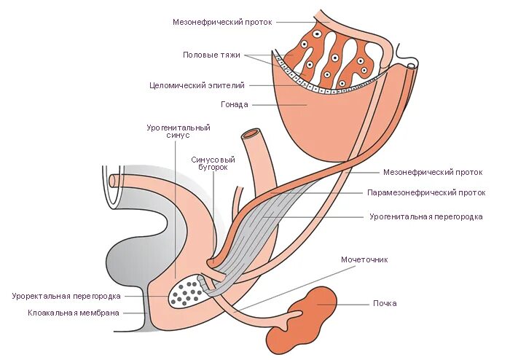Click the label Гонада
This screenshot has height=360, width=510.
[235, 104]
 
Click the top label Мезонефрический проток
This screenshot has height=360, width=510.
[222, 22]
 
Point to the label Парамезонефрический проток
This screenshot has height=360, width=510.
[425, 193]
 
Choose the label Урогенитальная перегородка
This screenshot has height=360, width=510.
[425, 216]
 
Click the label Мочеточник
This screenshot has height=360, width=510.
[364, 259]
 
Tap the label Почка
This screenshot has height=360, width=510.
[384, 303]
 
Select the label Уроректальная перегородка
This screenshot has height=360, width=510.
[66, 297]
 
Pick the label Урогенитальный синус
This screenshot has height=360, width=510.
[178, 131]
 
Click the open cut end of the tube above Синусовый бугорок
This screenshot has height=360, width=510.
[252, 134]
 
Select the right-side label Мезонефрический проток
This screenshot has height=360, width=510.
[433, 173]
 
